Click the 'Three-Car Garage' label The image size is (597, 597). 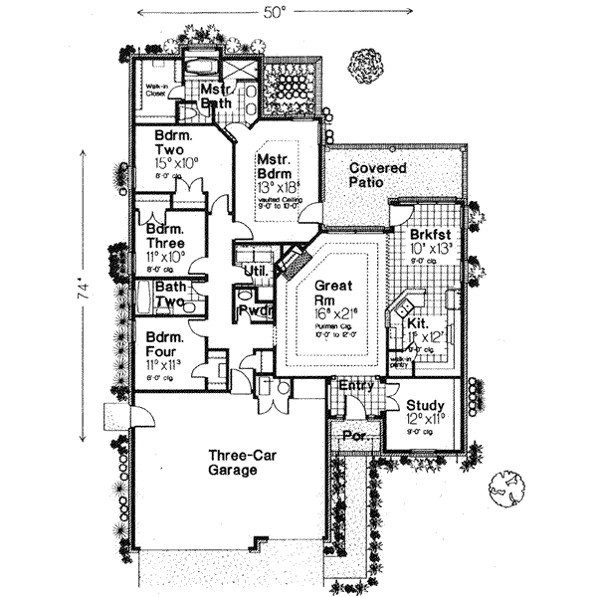(x=236, y=465)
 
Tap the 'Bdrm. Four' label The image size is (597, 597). (x=159, y=343)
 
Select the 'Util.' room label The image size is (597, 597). (x=254, y=271)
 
